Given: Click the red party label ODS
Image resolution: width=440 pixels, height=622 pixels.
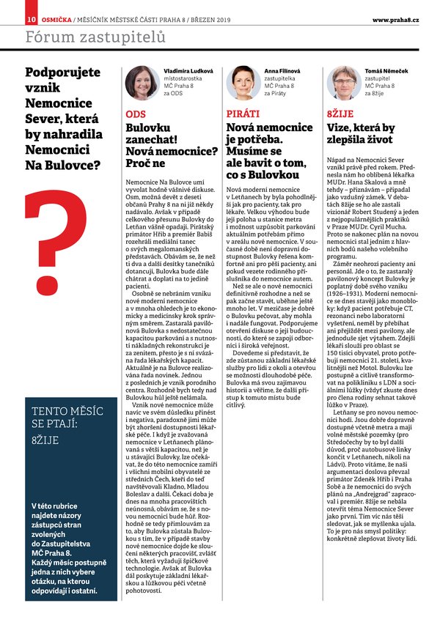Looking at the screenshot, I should point(136,114).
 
